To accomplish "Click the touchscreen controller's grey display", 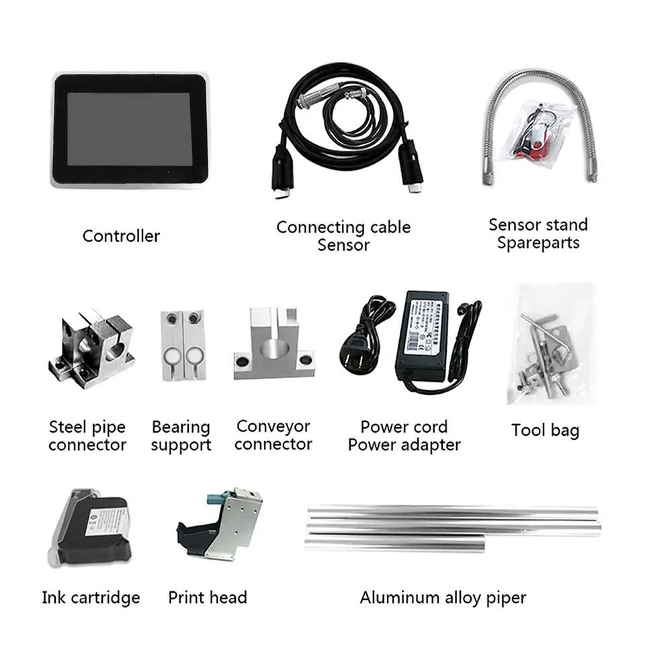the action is tap(129, 129).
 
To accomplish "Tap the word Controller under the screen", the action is tap(121, 236).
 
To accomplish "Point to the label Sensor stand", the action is tap(537, 225).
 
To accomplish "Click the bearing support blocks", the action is tap(183, 344).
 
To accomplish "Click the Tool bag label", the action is tap(545, 430).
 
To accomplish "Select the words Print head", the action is tap(208, 597).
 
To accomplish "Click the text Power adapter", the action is tap(404, 444).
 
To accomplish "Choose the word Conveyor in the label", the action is tap(273, 427).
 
